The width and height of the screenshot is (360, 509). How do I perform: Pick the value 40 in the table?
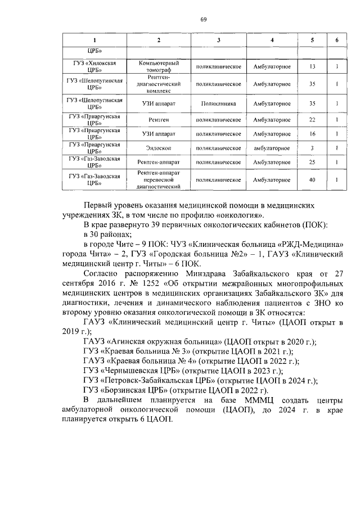click(x=312, y=180)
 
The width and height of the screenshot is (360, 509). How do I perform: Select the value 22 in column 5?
click(x=312, y=120)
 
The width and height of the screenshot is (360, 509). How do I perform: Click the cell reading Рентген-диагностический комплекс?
click(x=159, y=84)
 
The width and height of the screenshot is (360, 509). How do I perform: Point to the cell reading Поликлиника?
click(x=219, y=103)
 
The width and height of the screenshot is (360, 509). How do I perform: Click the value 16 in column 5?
click(x=312, y=134)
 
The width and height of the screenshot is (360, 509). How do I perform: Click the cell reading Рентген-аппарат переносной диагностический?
click(x=159, y=180)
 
